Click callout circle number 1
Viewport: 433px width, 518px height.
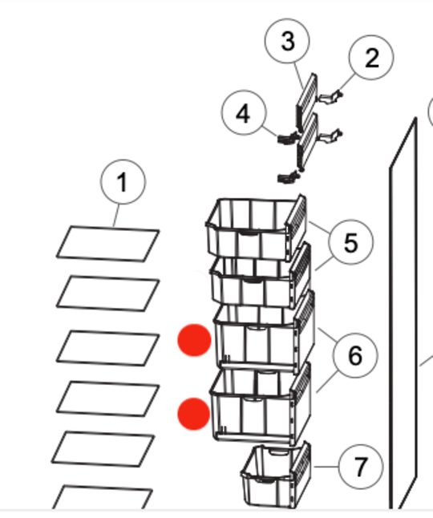point(123,182)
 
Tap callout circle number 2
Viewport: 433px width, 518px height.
point(371,58)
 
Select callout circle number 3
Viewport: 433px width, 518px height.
point(287,41)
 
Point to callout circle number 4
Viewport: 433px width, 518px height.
point(244,113)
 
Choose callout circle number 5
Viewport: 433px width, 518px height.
point(351,242)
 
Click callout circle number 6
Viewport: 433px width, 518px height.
point(355,355)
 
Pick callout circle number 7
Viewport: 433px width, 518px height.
point(361,467)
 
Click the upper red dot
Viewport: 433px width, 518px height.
point(194,340)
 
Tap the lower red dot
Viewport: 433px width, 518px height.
point(194,414)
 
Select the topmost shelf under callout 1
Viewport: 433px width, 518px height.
point(108,244)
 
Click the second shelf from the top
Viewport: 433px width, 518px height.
point(108,293)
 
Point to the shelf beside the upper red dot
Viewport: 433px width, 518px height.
point(108,348)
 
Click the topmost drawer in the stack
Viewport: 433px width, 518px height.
point(257,227)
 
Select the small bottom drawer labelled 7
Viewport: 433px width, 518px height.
point(276,475)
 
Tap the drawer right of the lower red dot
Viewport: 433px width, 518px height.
point(261,403)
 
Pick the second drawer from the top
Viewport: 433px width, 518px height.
point(261,276)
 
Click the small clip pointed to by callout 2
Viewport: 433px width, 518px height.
point(330,97)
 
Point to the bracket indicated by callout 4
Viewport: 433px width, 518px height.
point(288,139)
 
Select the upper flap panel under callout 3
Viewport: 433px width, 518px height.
point(306,101)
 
